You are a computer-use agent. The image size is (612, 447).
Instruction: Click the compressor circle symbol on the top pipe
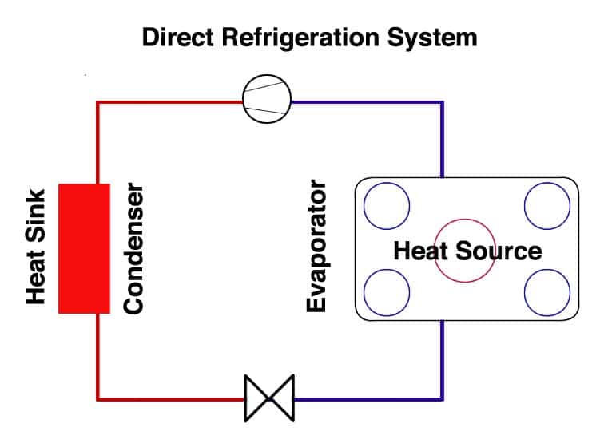click(267, 102)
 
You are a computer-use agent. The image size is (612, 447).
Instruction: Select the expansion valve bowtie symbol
click(269, 397)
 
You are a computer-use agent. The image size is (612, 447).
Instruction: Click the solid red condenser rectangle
click(84, 247)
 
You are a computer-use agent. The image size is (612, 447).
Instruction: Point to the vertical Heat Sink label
click(35, 246)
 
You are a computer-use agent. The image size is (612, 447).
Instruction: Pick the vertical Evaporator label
click(317, 247)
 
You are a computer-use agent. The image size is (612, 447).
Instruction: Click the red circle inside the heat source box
click(465, 251)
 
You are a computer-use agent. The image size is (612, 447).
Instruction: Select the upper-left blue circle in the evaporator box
click(387, 206)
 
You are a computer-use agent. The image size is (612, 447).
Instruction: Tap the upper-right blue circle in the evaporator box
click(547, 206)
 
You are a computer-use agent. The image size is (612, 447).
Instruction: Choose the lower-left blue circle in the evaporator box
click(387, 292)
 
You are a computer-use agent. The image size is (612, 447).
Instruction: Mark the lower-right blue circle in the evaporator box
click(547, 292)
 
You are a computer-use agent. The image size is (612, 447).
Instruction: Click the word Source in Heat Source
click(499, 251)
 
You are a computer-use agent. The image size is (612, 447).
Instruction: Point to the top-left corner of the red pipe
click(97, 103)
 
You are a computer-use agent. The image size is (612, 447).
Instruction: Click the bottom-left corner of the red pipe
click(97, 397)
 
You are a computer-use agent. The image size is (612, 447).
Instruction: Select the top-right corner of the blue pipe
click(442, 103)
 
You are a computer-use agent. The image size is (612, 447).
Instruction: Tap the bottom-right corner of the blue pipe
click(442, 397)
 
